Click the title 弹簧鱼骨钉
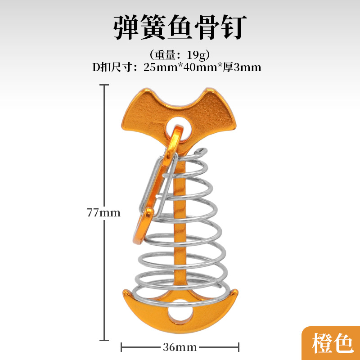click(x=180, y=28)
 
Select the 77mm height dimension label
click(x=104, y=212)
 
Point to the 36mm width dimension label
click(x=180, y=347)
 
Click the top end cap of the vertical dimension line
click(x=105, y=85)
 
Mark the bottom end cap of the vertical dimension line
click(x=105, y=340)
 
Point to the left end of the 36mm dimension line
click(x=122, y=347)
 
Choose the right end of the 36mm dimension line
click(x=238, y=347)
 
